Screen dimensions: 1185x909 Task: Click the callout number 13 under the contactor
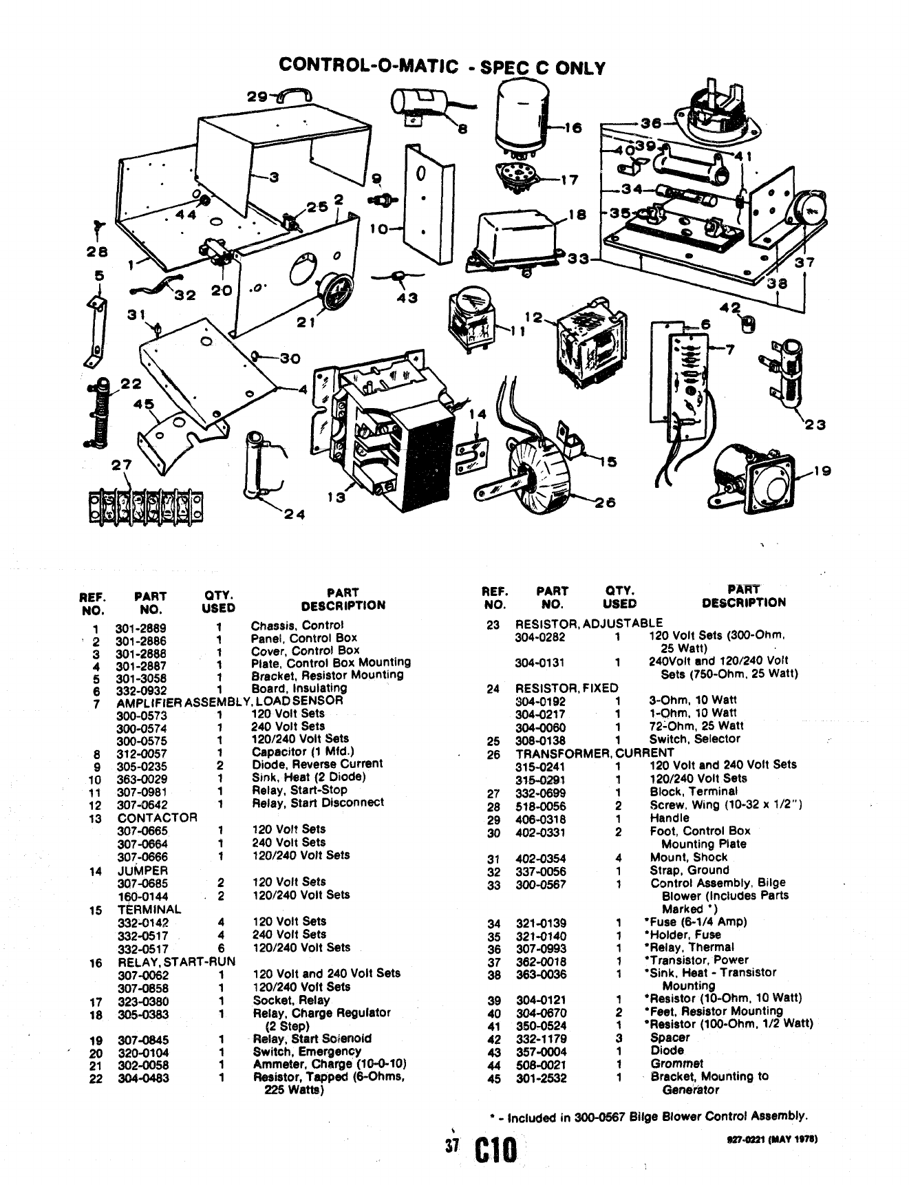coord(336,498)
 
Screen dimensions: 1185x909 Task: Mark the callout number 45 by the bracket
coord(145,404)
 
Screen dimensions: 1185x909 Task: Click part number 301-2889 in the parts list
coord(140,628)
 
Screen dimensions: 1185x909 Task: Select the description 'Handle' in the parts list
coord(669,818)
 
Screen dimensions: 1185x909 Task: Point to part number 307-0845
coord(142,1040)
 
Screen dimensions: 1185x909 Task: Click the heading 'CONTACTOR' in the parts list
coord(157,818)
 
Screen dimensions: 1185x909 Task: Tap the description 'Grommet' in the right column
coord(667,1063)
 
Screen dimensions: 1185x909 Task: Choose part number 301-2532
coord(541,1078)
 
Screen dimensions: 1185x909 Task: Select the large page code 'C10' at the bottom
coord(494,1152)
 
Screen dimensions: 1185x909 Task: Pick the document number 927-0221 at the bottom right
coord(745,1139)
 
